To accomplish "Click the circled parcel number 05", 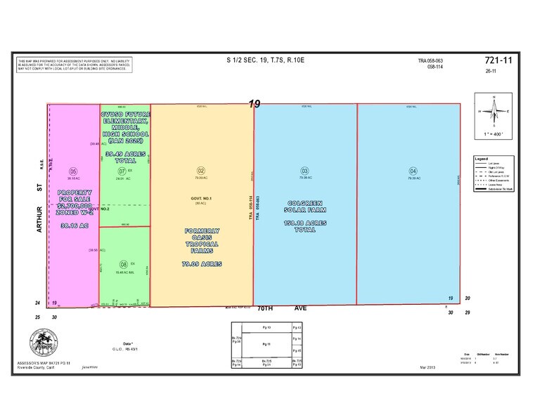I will pyautogui.click(x=72, y=171).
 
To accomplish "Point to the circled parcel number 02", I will pyautogui.click(x=200, y=171).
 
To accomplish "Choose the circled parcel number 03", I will pyautogui.click(x=304, y=171).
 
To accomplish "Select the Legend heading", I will pyautogui.click(x=482, y=159).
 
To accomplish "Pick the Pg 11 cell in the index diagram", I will pyautogui.click(x=266, y=345).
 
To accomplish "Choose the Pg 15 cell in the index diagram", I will pyautogui.click(x=297, y=350).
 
